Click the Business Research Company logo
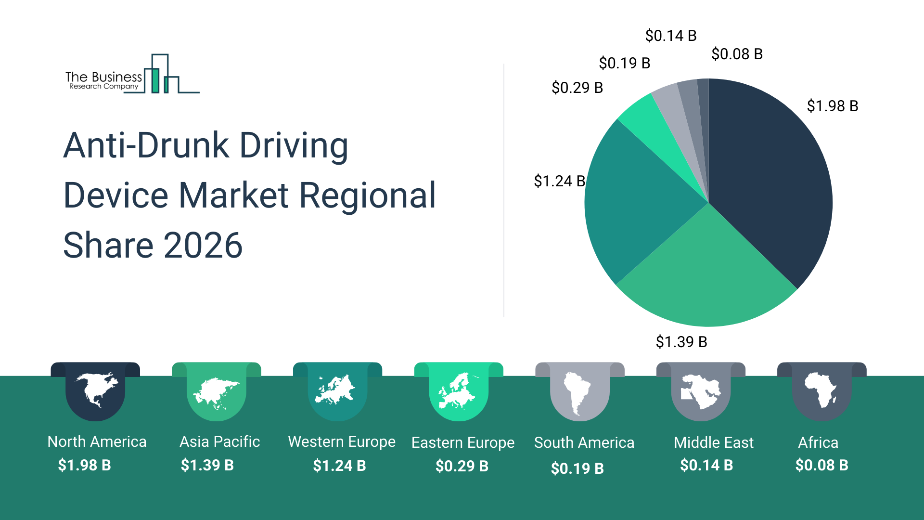[132, 75]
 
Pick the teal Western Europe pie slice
[635, 202]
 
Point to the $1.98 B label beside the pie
[832, 106]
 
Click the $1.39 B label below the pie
[681, 342]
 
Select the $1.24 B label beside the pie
[559, 181]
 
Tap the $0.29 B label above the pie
[577, 88]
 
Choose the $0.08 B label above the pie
[737, 54]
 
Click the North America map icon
[96, 390]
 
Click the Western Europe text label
[342, 442]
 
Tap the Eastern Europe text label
[462, 442]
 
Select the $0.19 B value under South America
[577, 468]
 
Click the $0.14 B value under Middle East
[706, 465]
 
